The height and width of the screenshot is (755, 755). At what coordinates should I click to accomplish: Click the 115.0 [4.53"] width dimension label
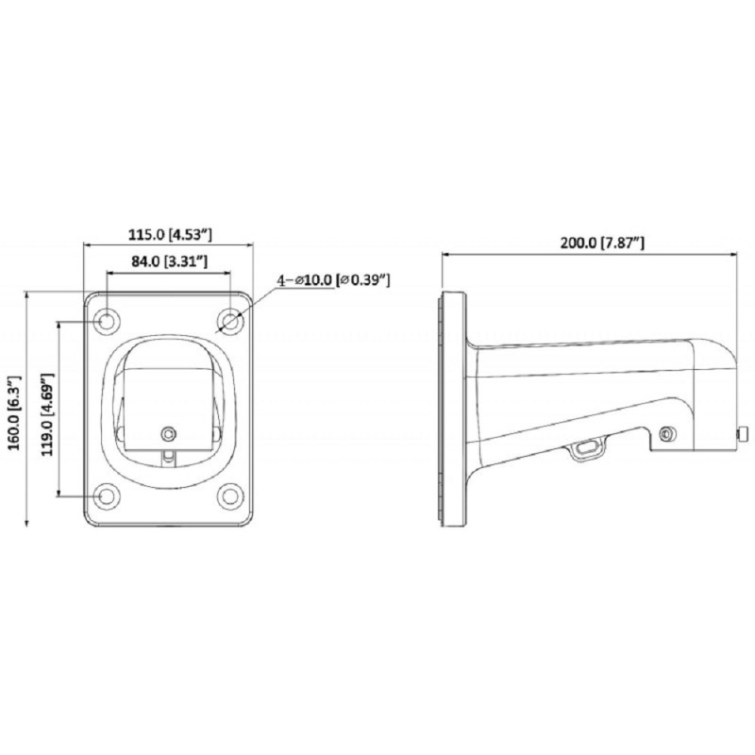point(170,234)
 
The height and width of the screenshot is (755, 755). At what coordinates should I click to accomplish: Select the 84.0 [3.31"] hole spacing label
point(169,261)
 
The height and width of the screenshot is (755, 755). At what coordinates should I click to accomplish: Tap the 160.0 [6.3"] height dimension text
point(15,413)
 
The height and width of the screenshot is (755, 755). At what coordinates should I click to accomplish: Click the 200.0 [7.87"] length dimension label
point(602,243)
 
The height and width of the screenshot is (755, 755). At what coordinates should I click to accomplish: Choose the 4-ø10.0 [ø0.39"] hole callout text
point(333,279)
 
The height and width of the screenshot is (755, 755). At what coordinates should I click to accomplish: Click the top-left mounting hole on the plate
point(106,320)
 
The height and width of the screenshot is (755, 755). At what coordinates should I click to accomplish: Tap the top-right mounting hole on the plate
point(230,320)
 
